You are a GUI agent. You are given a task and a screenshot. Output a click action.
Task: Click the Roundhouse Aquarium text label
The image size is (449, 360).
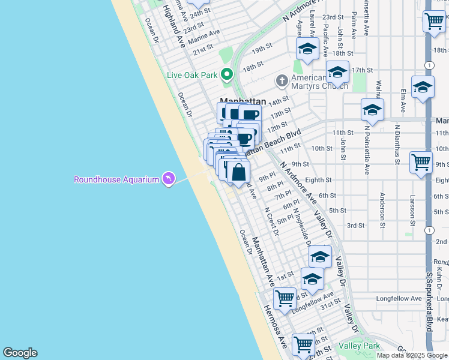pyautogui.click(x=116, y=179)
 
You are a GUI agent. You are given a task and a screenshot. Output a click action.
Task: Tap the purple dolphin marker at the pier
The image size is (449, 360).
pyautogui.click(x=169, y=179)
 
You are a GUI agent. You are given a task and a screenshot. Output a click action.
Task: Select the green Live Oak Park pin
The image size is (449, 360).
pyautogui.click(x=226, y=75)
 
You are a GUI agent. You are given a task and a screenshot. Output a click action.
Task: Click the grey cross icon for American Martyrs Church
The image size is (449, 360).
pyautogui.click(x=282, y=80)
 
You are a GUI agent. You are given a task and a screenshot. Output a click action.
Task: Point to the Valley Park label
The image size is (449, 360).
pyautogui.click(x=359, y=346)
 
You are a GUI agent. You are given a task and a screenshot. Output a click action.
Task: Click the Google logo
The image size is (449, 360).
pyautogui.click(x=20, y=353)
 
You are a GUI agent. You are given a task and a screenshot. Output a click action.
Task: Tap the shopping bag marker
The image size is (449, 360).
pyautogui.click(x=238, y=172)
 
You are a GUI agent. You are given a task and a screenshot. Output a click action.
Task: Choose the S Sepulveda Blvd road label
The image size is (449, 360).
pyautogui.click(x=429, y=306)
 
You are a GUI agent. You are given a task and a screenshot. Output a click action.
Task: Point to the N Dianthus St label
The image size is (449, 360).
pyautogui.click(x=397, y=144)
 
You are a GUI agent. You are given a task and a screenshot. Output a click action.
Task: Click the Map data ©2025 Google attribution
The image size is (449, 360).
pyautogui.click(x=412, y=355)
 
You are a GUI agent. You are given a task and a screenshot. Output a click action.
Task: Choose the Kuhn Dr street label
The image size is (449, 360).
pyautogui.click(x=439, y=274)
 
